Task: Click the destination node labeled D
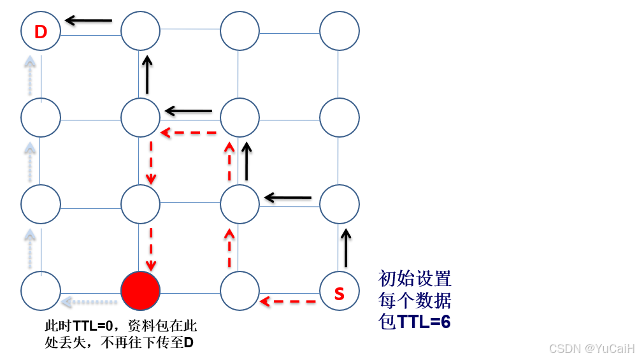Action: (x=41, y=31)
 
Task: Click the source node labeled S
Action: (x=339, y=291)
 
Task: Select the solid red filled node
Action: (x=140, y=291)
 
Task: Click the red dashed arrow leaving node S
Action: (x=289, y=300)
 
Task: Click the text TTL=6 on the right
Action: (x=424, y=322)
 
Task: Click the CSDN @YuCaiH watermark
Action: (x=591, y=348)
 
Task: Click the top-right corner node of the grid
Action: (x=339, y=31)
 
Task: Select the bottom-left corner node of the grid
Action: (x=41, y=291)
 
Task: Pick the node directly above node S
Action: (x=339, y=205)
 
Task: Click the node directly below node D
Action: (x=41, y=118)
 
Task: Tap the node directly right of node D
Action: (x=140, y=31)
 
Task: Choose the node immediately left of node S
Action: (x=240, y=291)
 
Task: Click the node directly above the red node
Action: (x=140, y=205)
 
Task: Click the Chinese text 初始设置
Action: (x=415, y=278)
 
